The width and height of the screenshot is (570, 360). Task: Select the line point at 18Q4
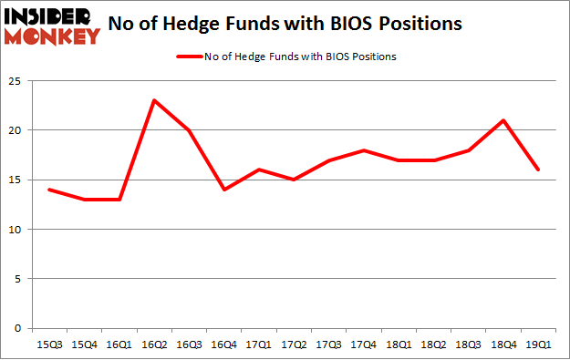click(503, 120)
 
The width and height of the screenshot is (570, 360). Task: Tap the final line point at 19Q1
click(538, 170)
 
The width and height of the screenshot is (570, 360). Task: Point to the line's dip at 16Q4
click(224, 190)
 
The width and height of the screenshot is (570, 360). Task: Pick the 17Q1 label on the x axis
click(259, 344)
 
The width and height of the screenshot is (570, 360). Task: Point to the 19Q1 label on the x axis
click(538, 344)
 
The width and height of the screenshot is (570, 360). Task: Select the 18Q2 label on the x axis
click(433, 344)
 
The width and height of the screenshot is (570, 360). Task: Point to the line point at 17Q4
click(364, 150)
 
